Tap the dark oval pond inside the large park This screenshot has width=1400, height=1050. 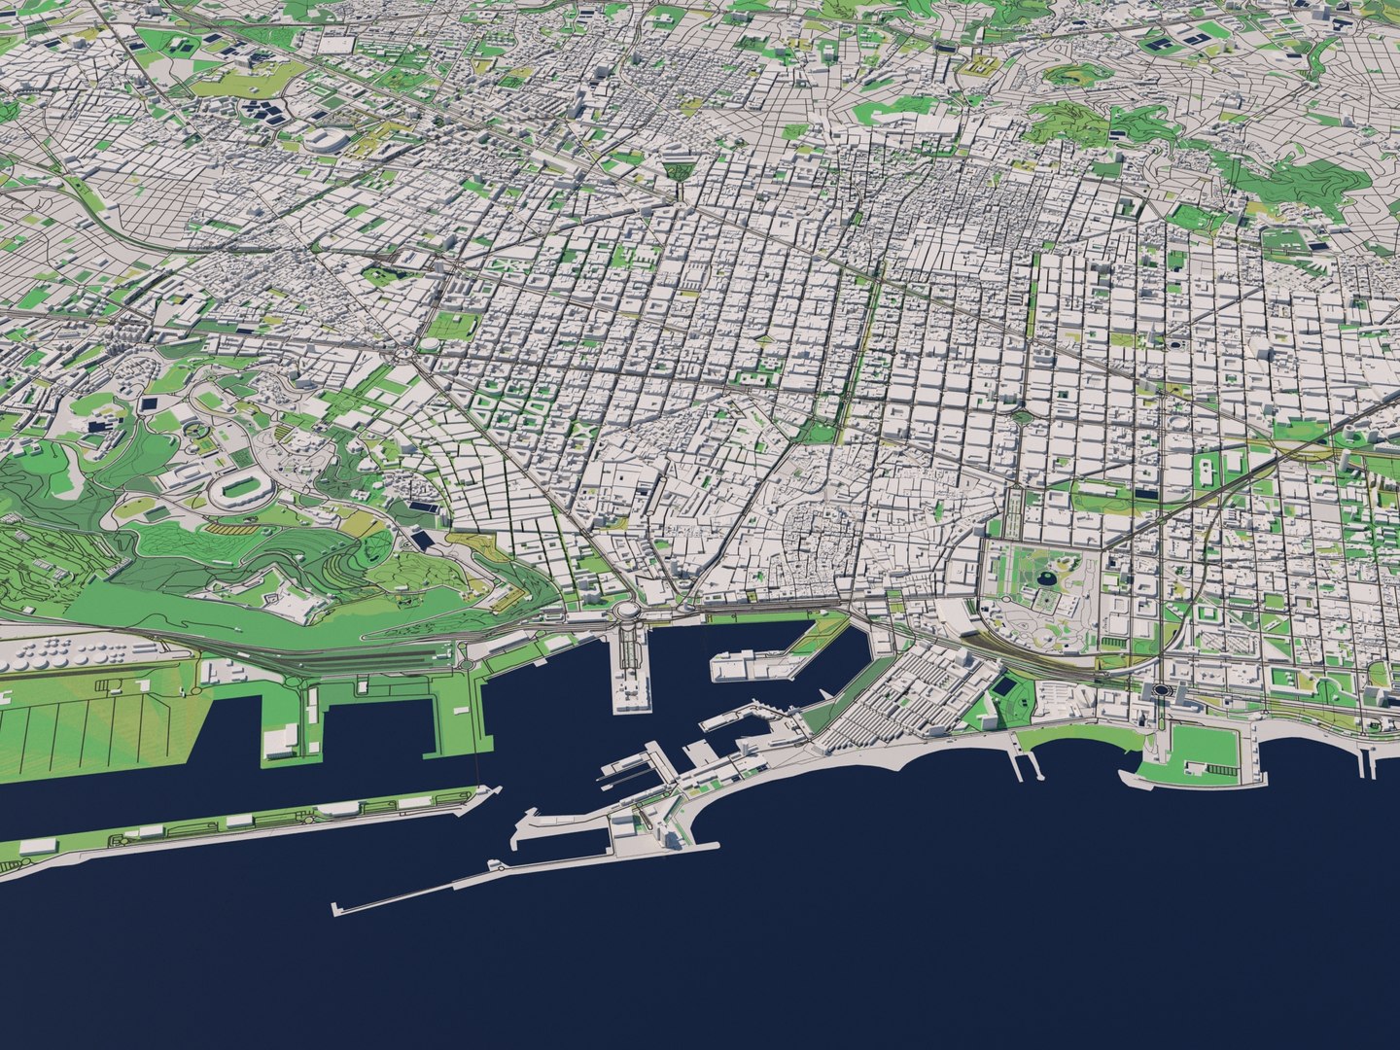tap(1048, 579)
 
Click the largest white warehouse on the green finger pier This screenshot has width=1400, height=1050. tap(281, 739)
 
